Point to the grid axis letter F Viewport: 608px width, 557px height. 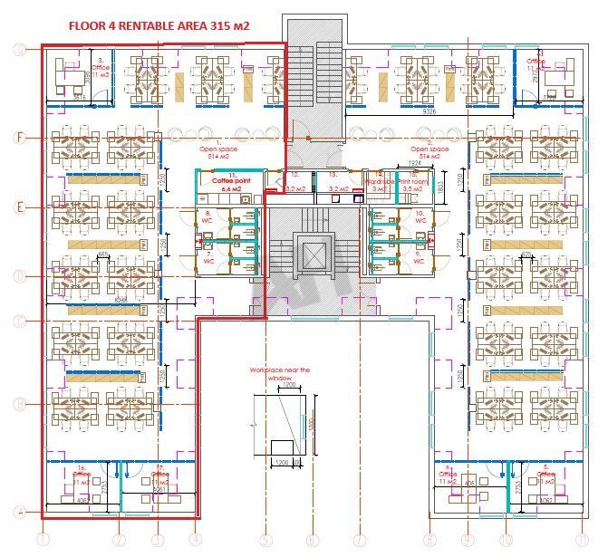pyautogui.click(x=18, y=138)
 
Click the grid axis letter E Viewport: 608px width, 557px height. pyautogui.click(x=18, y=207)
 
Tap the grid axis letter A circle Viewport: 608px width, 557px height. pyautogui.click(x=18, y=512)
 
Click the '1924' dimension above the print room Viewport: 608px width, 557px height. pyautogui.click(x=414, y=164)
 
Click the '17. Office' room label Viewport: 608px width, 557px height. pyautogui.click(x=160, y=475)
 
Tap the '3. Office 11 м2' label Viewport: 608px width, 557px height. pyautogui.click(x=100, y=66)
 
